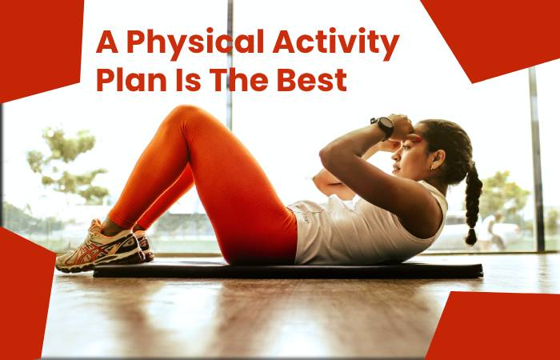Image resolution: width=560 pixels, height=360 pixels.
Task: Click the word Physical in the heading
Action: pyautogui.click(x=195, y=43)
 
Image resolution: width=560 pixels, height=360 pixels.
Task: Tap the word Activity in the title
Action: pyautogui.click(x=335, y=43)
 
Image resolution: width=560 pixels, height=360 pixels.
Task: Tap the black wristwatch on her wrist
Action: pyautogui.click(x=383, y=126)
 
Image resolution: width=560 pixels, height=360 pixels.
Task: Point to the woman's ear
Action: pyautogui.click(x=437, y=160)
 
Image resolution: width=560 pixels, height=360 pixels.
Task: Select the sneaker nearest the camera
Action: pyautogui.click(x=100, y=249)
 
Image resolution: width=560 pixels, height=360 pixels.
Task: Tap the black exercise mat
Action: pyautogui.click(x=288, y=270)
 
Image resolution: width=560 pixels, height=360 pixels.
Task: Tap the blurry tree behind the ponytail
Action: pyautogui.click(x=503, y=194)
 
